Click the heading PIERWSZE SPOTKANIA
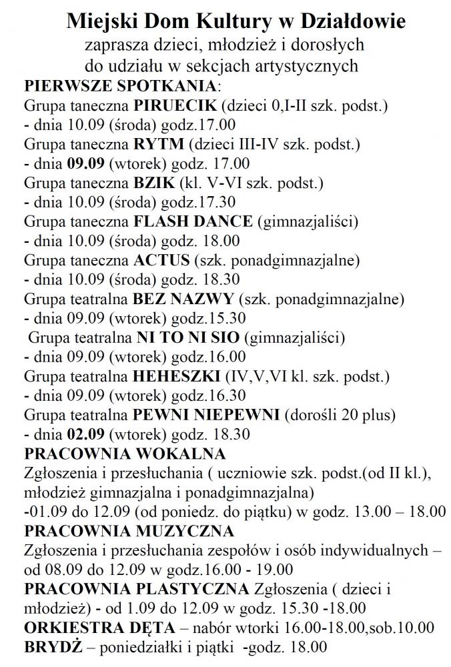[x=120, y=87]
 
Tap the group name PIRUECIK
[x=175, y=106]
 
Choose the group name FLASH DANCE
[x=193, y=221]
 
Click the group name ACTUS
[x=162, y=259]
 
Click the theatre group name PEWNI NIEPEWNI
[x=206, y=414]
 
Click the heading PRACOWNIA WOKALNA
[x=125, y=454]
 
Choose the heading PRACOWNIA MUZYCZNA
[x=129, y=531]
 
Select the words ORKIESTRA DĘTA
[x=99, y=628]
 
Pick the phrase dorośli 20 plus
[x=341, y=414]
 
